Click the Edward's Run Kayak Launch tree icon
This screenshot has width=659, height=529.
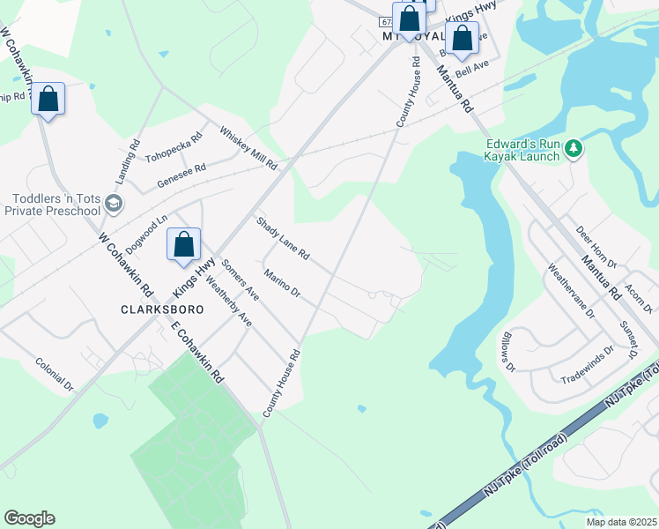[574, 148]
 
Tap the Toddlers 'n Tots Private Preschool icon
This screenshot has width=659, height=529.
[113, 205]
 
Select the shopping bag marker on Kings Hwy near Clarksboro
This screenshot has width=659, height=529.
[183, 246]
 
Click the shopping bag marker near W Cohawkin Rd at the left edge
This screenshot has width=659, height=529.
[48, 100]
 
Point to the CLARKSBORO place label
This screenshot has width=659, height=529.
[162, 309]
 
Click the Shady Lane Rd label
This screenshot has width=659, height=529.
[283, 238]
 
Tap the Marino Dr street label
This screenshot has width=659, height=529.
[282, 284]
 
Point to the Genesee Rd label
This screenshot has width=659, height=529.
[181, 175]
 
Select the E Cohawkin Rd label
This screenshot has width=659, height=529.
[196, 350]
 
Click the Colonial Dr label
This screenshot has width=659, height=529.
[55, 373]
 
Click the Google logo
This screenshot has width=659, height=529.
[29, 518]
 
